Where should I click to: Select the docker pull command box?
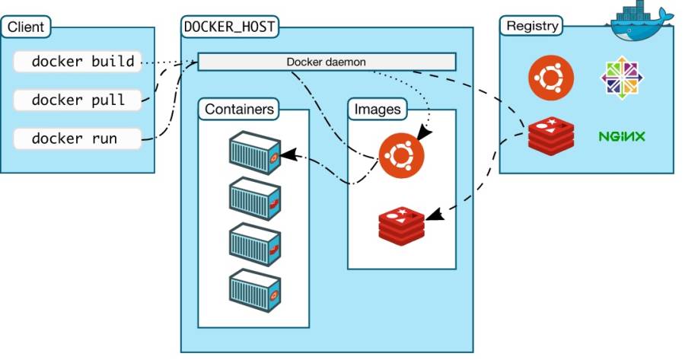tap(78, 100)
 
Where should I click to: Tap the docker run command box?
tap(77, 139)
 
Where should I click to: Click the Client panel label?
tap(26, 29)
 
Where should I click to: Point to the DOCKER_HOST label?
tap(229, 27)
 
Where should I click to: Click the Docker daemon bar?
tap(327, 62)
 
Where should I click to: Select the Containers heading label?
tap(239, 110)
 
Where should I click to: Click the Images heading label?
tap(377, 110)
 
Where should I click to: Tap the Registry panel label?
tap(531, 26)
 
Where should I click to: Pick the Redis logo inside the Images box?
tap(401, 222)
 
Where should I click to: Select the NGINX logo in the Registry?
tap(621, 137)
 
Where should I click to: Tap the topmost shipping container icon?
tap(254, 152)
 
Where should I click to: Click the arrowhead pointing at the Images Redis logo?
tap(433, 216)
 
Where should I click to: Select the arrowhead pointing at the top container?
tap(288, 155)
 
